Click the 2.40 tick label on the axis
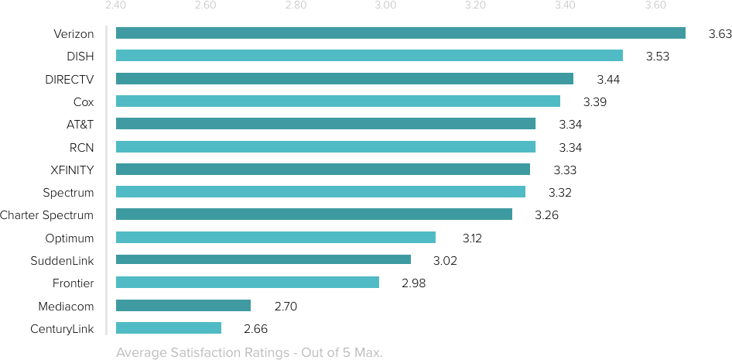click(115, 6)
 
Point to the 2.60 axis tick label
click(205, 6)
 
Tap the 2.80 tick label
click(296, 6)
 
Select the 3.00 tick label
click(385, 6)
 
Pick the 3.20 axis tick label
click(475, 6)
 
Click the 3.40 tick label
click(565, 6)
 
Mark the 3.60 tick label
click(655, 6)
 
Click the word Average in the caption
click(140, 353)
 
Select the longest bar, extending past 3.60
click(400, 33)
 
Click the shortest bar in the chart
click(169, 327)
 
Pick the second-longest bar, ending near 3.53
click(369, 55)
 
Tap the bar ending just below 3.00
click(248, 282)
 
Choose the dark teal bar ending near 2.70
click(183, 305)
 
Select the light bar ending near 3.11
click(275, 237)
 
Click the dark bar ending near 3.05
click(263, 259)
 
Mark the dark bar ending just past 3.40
click(344, 78)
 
